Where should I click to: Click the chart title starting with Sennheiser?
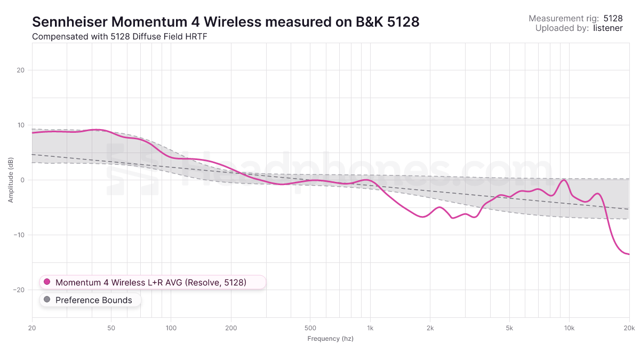coord(226,21)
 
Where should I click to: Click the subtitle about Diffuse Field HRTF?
coord(119,37)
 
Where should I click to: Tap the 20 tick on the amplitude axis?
coord(22,70)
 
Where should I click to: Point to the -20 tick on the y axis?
coord(20,290)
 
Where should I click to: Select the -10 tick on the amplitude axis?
coord(20,235)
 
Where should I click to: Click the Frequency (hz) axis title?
coord(330,339)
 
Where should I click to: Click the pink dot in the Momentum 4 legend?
coord(47,282)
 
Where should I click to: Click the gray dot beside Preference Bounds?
coord(47,300)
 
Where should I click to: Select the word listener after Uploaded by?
coord(607,28)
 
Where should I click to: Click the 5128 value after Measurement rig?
coord(613,18)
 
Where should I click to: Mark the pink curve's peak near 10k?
coord(563,180)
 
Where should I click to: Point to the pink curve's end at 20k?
coord(629,254)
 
